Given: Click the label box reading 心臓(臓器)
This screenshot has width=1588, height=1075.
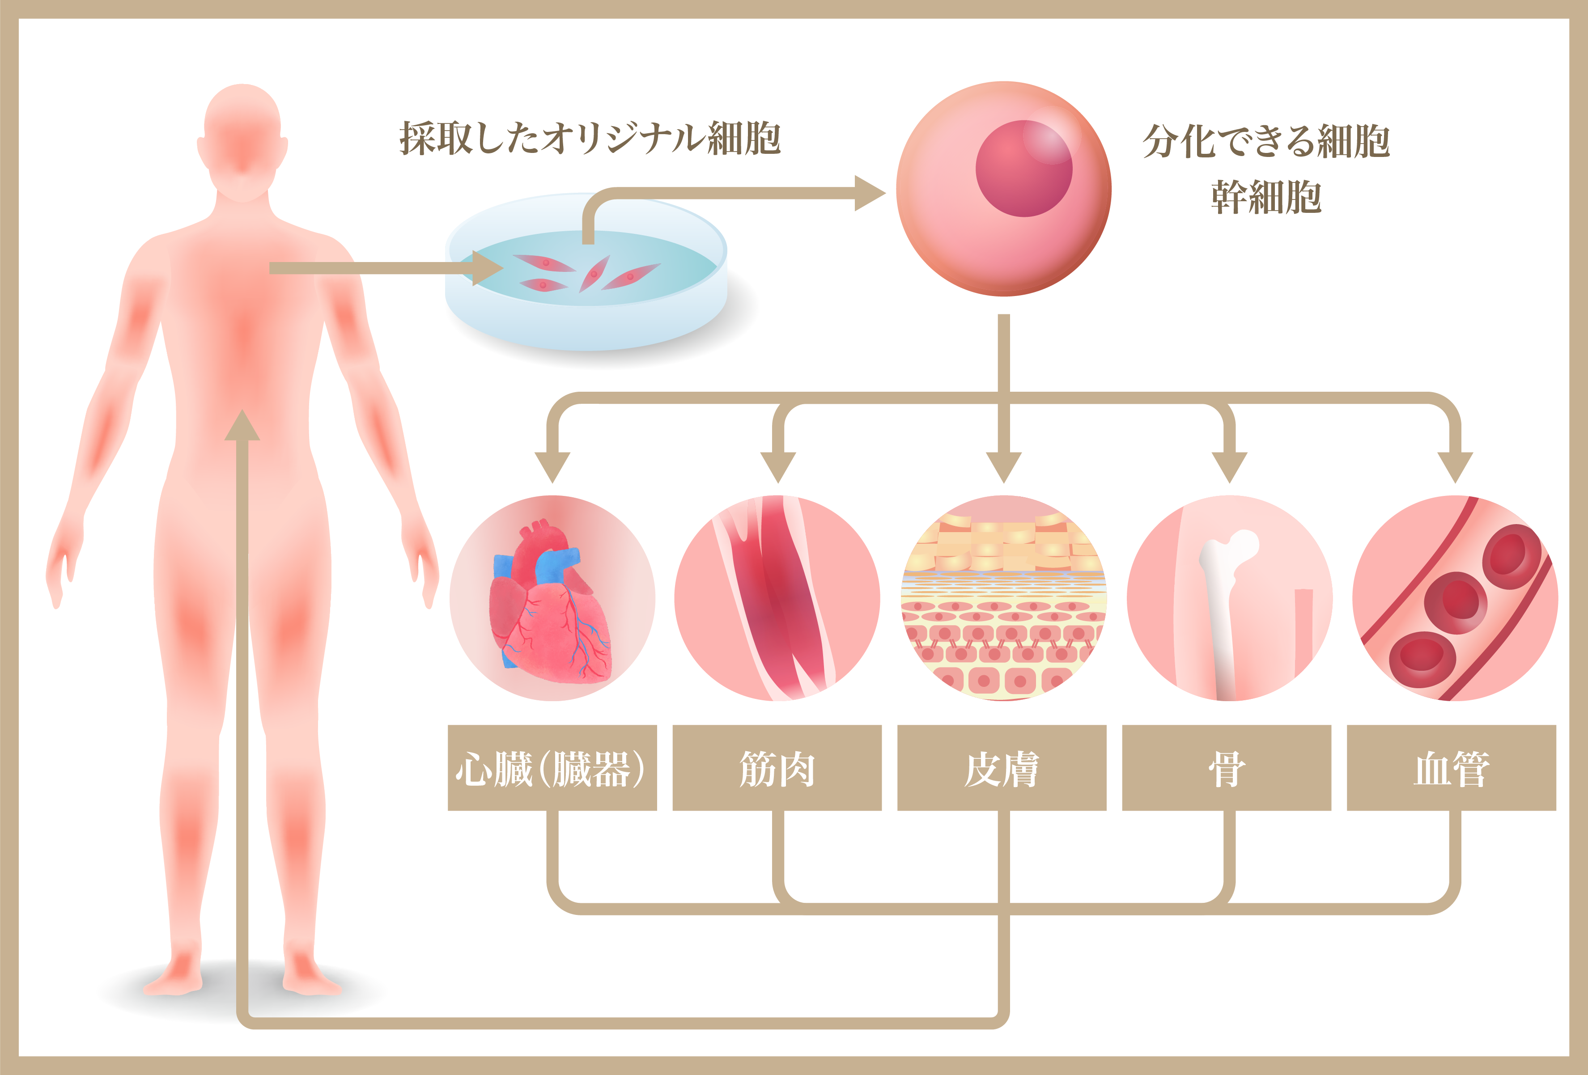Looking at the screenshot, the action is [552, 768].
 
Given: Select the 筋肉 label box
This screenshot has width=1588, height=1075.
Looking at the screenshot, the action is [777, 768].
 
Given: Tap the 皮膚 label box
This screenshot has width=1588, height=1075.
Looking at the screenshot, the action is [1002, 768].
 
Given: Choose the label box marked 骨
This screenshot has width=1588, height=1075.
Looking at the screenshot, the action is [1227, 768].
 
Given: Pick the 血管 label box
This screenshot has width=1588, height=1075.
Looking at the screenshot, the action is [1451, 768].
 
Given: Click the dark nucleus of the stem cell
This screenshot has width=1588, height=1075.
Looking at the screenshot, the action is [1023, 169].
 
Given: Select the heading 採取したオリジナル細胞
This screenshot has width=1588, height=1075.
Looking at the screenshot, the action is [590, 139].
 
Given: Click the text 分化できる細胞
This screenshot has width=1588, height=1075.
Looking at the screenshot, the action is [1266, 141].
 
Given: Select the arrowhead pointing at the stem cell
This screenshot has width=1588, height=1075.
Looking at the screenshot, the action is [870, 193].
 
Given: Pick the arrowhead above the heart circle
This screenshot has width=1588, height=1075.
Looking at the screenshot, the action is [552, 468].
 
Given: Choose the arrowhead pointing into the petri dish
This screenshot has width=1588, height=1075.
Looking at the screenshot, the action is [488, 268].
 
